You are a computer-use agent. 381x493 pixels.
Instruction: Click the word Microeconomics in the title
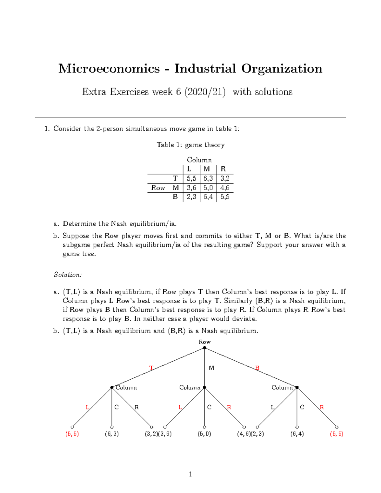(109, 69)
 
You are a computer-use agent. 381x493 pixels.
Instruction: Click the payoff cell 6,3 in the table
(208, 178)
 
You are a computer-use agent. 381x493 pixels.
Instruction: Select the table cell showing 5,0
(208, 188)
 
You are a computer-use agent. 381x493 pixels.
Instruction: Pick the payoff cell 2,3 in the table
(191, 197)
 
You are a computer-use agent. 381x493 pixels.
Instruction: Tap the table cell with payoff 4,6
(225, 188)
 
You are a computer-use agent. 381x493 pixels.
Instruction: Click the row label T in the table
(175, 178)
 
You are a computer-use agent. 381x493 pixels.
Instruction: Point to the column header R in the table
(223, 169)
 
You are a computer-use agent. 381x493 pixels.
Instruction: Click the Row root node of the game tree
(204, 348)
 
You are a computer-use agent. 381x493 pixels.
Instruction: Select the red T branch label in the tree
(151, 368)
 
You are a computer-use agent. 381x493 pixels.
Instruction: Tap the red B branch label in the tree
(257, 368)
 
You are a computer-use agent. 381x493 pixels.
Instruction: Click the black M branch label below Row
(211, 368)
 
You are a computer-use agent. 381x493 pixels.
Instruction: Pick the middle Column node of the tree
(204, 387)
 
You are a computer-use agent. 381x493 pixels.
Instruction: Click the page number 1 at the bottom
(190, 474)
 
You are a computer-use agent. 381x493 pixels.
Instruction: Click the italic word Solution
(68, 275)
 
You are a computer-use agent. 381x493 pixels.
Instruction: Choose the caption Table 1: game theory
(190, 145)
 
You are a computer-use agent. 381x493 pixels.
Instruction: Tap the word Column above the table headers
(199, 160)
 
